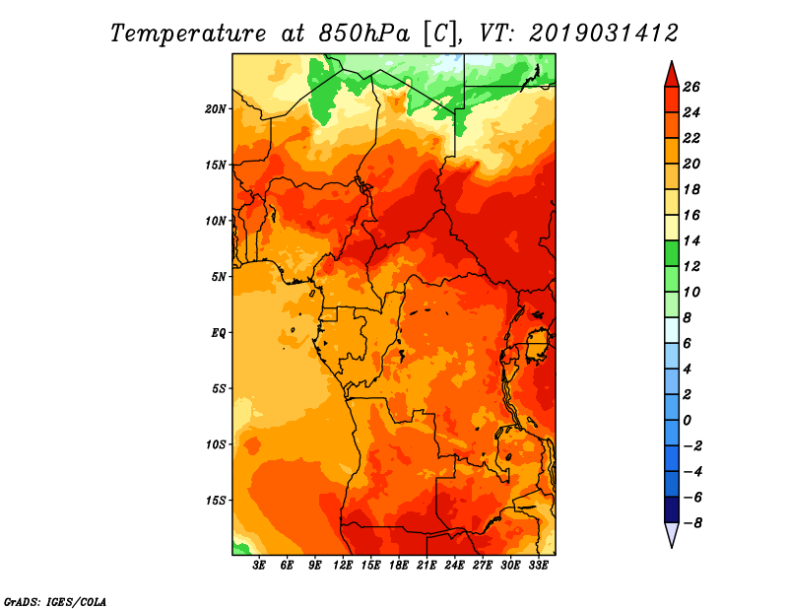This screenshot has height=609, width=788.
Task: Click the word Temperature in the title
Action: [x=188, y=34]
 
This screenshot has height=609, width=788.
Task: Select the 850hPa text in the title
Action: [x=363, y=34]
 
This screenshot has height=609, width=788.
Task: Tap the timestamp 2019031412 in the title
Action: [x=604, y=34]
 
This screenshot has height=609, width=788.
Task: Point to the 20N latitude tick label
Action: [x=216, y=109]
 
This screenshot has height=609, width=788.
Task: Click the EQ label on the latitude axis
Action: [x=219, y=333]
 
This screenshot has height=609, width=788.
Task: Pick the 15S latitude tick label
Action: [x=216, y=501]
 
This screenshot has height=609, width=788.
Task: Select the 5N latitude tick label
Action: [x=219, y=277]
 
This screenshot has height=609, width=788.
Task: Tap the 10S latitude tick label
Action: [x=216, y=444]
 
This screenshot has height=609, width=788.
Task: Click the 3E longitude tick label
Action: [x=259, y=566]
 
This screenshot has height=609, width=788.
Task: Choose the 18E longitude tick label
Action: [x=399, y=566]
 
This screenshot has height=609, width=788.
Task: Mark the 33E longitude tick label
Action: [x=538, y=566]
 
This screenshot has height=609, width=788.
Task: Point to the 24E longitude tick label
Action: [x=454, y=566]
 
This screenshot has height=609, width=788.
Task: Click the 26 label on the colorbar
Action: [x=691, y=88]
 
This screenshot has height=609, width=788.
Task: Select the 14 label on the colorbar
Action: [x=691, y=240]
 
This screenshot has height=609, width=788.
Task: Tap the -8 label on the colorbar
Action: [x=692, y=523]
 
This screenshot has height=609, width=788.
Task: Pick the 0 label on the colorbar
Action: [x=687, y=421]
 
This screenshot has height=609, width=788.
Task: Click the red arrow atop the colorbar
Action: [x=672, y=75]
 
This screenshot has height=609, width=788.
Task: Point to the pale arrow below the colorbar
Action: [x=672, y=534]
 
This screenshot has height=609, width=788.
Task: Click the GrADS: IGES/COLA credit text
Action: [x=55, y=602]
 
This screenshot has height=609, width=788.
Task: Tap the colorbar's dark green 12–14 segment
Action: [x=672, y=253]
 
